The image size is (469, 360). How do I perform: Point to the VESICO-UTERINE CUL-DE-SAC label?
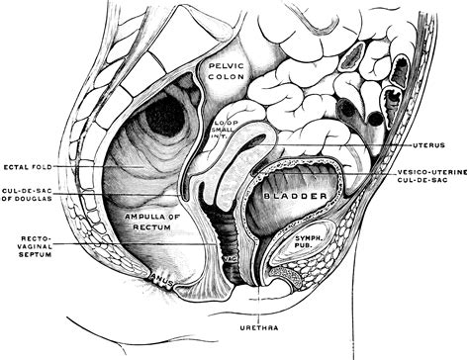tap(431, 179)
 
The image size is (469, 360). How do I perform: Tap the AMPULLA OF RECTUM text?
tap(152, 221)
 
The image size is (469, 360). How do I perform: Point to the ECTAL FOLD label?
tap(28, 165)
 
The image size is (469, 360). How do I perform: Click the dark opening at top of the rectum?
tap(166, 117)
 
